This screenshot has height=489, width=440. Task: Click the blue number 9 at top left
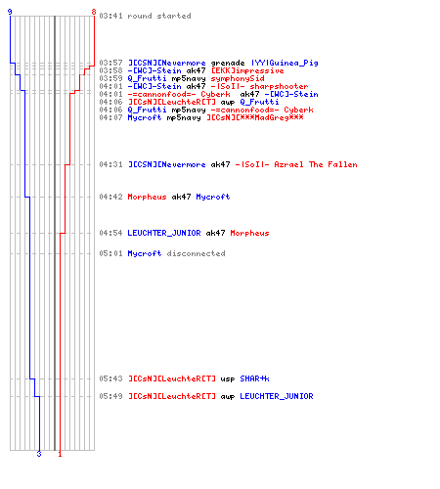tap(10, 12)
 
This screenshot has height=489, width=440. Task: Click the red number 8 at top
tap(94, 12)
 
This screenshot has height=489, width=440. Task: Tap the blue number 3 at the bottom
tap(39, 454)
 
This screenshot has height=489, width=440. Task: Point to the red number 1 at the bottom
tap(60, 454)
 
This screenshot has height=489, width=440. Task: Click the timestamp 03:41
tap(110, 16)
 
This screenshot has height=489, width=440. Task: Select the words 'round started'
tap(159, 16)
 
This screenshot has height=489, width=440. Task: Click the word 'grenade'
tap(228, 63)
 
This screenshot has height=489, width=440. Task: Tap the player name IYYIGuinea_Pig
tap(285, 63)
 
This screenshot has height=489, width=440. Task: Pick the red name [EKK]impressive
tap(247, 70)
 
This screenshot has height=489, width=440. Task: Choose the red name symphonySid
tap(238, 78)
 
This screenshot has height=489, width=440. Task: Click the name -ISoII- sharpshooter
tap(259, 86)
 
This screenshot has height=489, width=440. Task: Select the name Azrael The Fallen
tap(316, 164)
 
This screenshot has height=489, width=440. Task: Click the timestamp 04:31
tap(110, 164)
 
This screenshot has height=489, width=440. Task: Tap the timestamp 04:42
tap(110, 197)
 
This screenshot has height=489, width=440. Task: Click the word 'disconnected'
tap(196, 253)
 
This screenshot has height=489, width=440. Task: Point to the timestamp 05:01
tap(110, 253)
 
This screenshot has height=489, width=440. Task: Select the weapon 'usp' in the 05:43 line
tap(228, 379)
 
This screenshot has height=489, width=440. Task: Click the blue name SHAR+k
tap(254, 378)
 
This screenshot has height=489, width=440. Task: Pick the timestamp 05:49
tap(110, 396)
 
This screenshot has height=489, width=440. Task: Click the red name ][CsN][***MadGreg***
tap(255, 117)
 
